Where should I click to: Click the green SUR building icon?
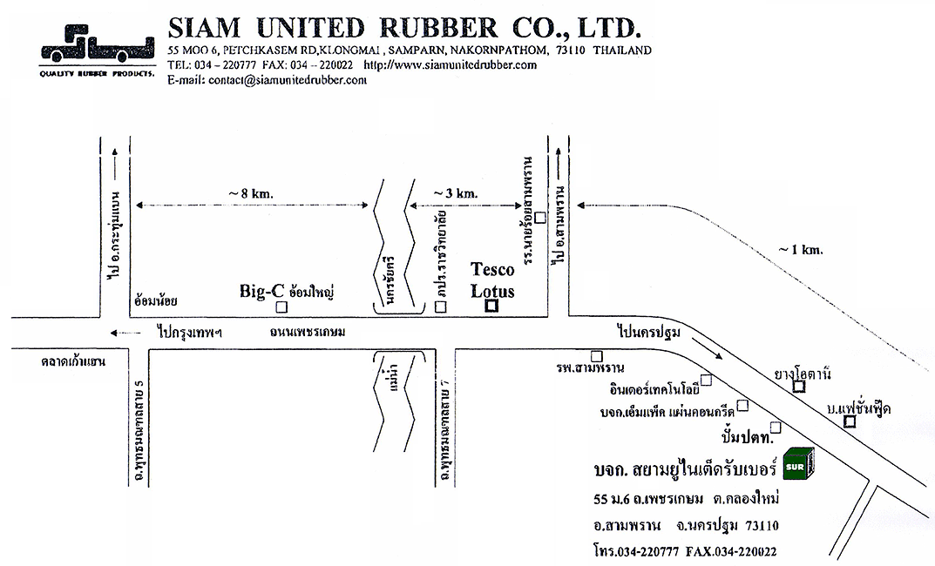tap(798, 464)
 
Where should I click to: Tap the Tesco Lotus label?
tap(492, 280)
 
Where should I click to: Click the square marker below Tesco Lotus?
tap(491, 306)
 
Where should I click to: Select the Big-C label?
tap(262, 293)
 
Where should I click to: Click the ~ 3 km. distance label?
tap(456, 192)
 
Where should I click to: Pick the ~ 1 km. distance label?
tap(801, 250)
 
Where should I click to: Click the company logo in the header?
tap(95, 50)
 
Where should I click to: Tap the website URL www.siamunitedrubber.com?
tap(450, 64)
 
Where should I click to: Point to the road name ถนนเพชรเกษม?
tap(308, 332)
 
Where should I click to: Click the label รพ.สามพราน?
tap(594, 369)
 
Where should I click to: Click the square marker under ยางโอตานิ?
tap(798, 387)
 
